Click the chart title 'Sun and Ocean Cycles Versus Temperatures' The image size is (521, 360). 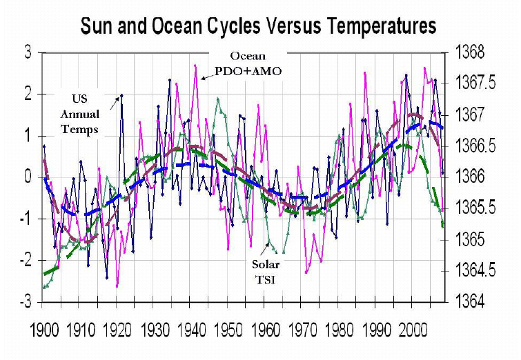pos(259,26)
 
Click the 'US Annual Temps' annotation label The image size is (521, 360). pos(86,112)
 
